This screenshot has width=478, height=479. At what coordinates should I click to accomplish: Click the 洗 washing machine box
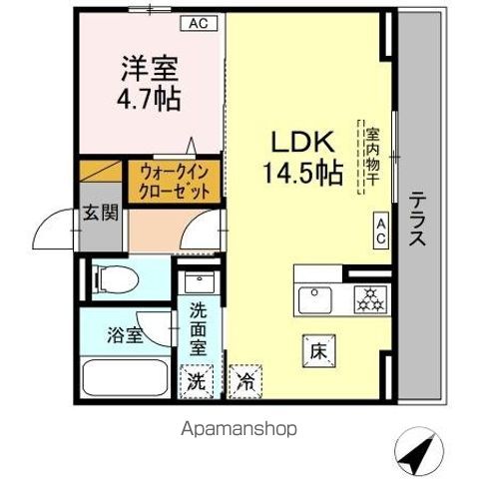[197, 380]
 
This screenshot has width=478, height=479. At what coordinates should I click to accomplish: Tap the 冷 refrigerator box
[244, 380]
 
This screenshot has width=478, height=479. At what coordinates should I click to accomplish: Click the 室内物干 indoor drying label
[369, 160]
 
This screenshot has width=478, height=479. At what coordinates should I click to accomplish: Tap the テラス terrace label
[417, 220]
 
